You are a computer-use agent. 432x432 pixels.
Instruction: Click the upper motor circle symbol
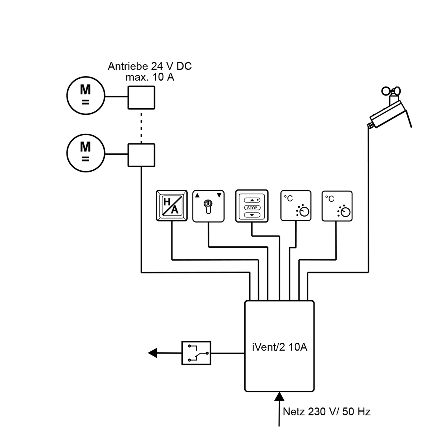click(86, 96)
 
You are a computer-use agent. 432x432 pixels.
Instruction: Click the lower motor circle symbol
click(86, 153)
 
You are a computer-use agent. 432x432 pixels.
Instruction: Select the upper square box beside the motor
click(141, 98)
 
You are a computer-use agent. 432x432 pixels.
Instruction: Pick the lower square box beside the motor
click(141, 155)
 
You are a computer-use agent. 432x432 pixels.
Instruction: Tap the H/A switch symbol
click(171, 206)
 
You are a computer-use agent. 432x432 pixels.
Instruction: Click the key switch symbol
click(208, 206)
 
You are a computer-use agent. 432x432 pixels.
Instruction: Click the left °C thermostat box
click(296, 206)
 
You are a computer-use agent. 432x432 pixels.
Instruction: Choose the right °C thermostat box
click(337, 206)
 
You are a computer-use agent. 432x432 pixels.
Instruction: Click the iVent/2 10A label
click(279, 347)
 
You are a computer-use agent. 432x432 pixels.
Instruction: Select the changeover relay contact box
click(196, 353)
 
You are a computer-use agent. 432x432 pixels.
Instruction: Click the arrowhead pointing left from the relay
click(152, 353)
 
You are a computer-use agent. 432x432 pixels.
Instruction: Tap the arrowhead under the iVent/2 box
click(279, 397)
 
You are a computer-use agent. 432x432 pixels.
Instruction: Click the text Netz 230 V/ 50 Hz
click(327, 412)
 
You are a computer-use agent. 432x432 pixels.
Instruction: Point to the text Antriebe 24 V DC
click(150, 66)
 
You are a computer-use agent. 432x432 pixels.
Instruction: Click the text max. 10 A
click(150, 77)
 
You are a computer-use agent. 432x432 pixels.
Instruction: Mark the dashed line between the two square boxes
click(141, 126)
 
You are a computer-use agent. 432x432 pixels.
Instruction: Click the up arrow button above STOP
click(252, 200)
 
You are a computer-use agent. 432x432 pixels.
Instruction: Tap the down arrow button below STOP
click(252, 215)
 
